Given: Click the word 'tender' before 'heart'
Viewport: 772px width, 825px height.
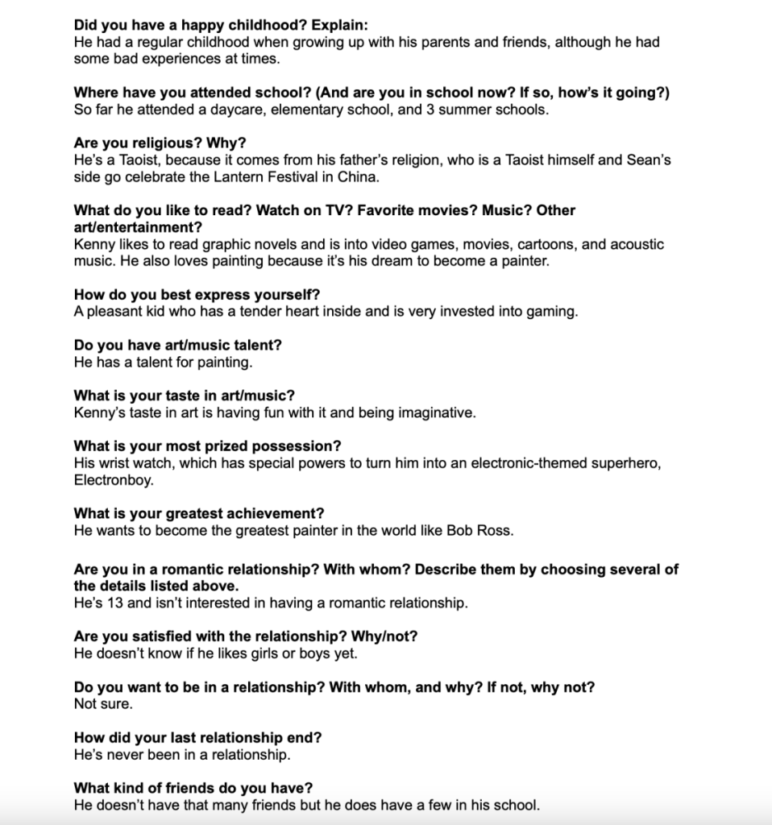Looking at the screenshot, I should (x=225, y=312).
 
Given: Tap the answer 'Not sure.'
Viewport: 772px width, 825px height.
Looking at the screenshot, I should (x=103, y=703).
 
